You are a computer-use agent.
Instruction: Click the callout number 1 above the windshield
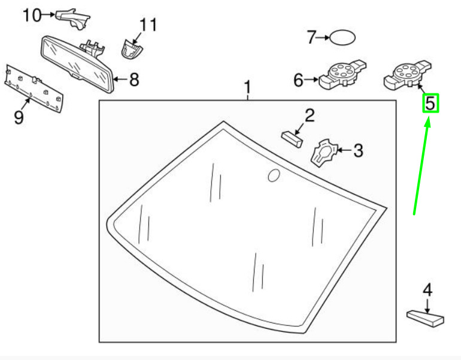click(x=248, y=89)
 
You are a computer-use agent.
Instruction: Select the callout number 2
click(x=309, y=116)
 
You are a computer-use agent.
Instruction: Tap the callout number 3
click(x=357, y=150)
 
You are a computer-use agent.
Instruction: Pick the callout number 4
click(x=427, y=291)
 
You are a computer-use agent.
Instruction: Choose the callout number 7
click(x=311, y=38)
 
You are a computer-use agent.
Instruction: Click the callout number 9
click(x=19, y=117)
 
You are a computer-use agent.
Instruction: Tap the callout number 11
click(x=148, y=25)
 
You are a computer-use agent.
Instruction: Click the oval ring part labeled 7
click(x=344, y=38)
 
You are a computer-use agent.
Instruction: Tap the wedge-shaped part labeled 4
click(x=426, y=317)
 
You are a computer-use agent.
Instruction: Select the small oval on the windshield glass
click(x=273, y=175)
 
